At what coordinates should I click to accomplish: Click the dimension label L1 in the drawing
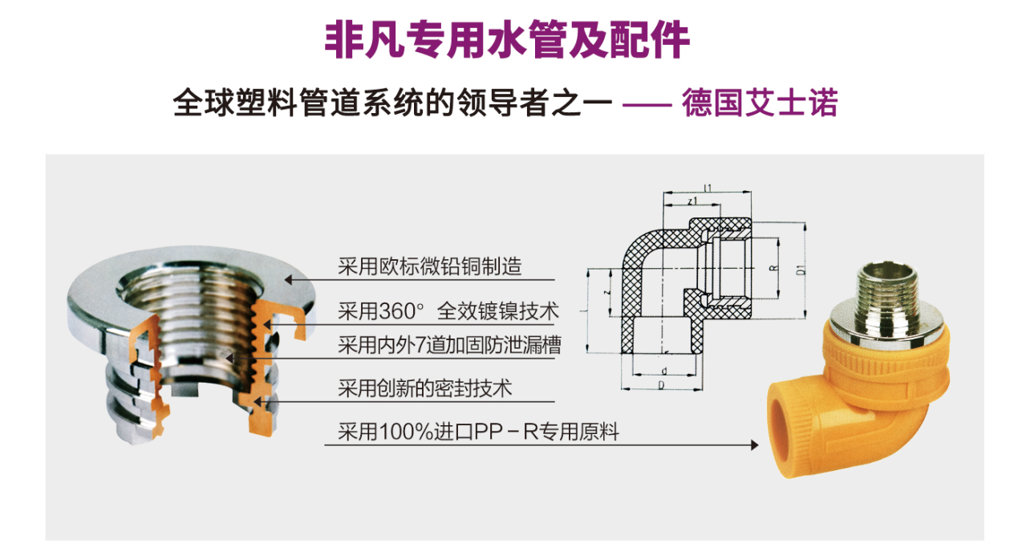(x=708, y=188)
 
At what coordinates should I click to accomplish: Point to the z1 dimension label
(x=692, y=201)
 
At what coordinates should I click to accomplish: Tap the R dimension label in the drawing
(x=773, y=268)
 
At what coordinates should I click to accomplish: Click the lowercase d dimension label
(x=664, y=371)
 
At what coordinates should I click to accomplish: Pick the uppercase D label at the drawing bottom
(x=661, y=385)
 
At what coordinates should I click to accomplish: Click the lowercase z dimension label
(x=607, y=291)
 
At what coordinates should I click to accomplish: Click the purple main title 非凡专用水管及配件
(x=507, y=39)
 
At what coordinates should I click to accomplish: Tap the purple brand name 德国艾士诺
(x=760, y=103)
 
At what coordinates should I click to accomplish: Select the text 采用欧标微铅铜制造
(x=429, y=266)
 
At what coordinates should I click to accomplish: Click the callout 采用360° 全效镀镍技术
(x=448, y=311)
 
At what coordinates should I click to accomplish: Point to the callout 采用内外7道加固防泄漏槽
(x=449, y=345)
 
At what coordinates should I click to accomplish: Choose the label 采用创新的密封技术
(x=425, y=388)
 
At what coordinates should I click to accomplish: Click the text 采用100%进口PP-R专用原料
(x=478, y=432)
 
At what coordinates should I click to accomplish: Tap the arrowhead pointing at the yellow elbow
(x=754, y=445)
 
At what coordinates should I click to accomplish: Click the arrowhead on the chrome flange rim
(x=289, y=279)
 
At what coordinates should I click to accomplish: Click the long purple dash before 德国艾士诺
(x=647, y=105)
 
